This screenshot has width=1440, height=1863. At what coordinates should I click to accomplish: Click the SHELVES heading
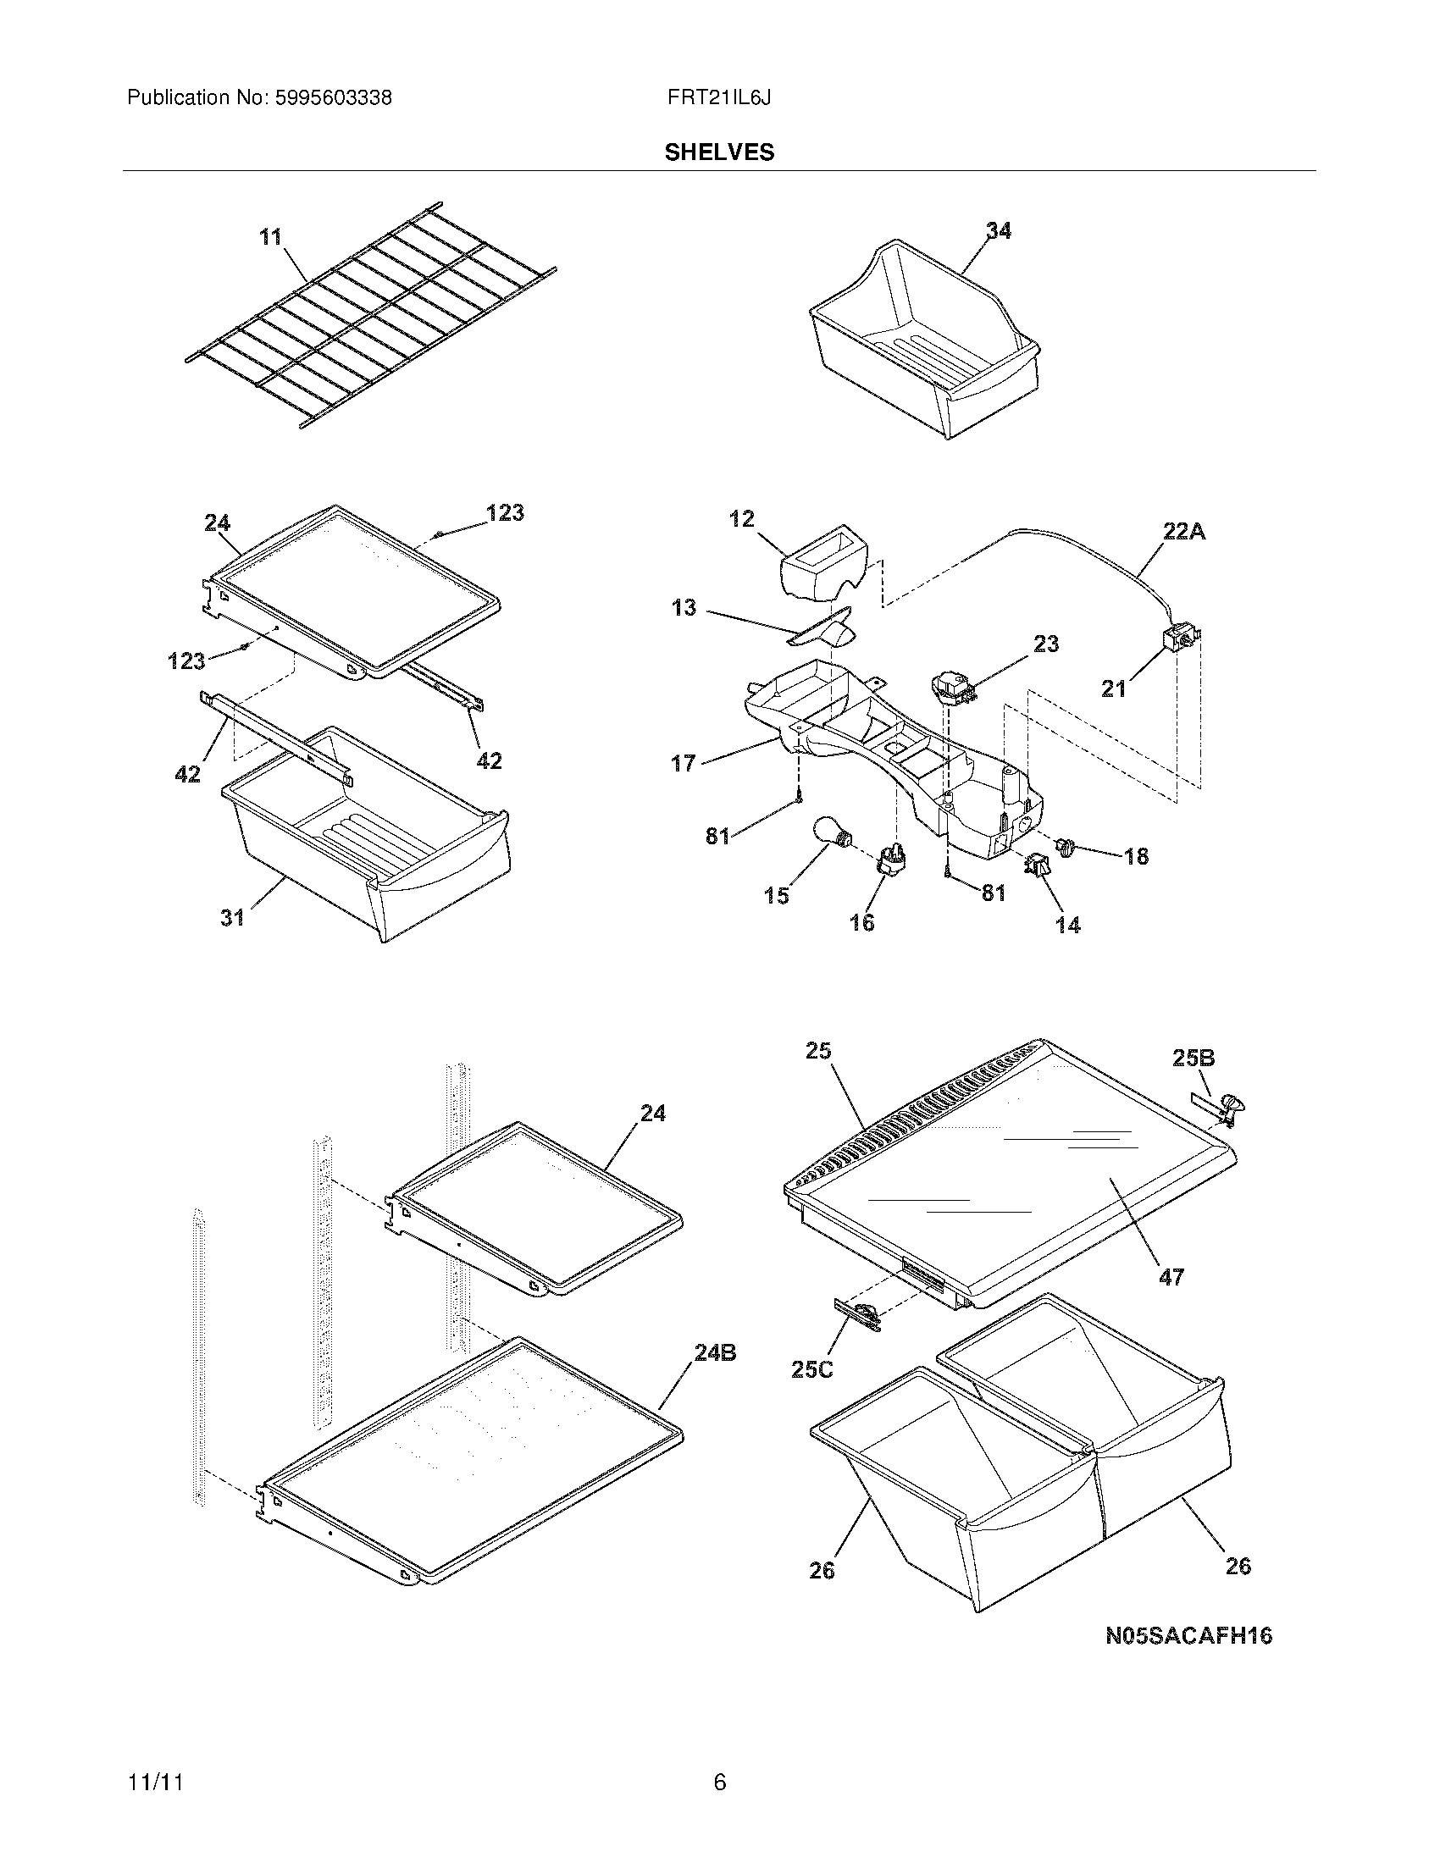coord(719,152)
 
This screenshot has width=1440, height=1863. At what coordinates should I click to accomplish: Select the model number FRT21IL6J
coord(719,98)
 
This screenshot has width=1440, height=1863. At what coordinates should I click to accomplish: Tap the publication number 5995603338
coord(333,98)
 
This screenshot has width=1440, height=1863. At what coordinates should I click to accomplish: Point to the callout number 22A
coord(1184,532)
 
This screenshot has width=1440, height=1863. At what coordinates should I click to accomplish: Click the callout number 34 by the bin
coord(998,230)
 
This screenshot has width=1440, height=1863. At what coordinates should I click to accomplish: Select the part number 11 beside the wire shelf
coord(270,236)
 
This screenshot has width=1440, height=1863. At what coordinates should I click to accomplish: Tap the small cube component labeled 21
coord(1180,639)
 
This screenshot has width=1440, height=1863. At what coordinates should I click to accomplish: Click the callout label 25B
coord(1193,1058)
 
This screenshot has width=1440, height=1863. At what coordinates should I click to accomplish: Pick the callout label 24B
coord(715,1352)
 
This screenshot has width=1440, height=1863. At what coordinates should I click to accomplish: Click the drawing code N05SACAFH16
coord(1188,1635)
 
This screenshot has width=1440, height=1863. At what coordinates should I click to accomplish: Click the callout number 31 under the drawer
coord(232,918)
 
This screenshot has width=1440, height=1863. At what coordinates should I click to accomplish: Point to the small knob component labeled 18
coord(1066,846)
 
